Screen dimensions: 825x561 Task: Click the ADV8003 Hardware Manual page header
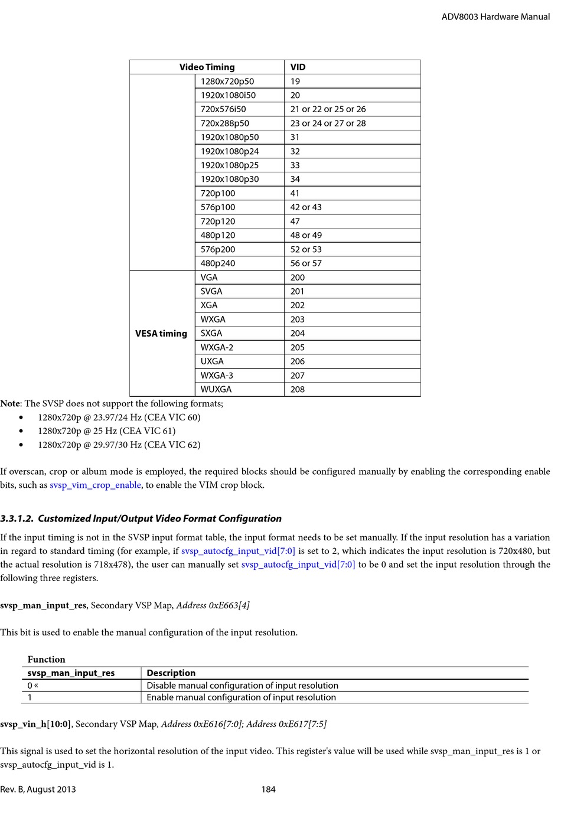pos(495,17)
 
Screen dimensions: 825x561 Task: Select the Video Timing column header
pos(207,67)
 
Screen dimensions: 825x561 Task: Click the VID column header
pos(298,67)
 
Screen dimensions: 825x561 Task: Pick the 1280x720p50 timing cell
pos(227,81)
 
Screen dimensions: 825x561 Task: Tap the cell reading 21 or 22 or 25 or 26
pos(328,109)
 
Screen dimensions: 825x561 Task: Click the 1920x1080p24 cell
pos(230,151)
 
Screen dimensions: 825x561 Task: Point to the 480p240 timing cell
pos(217,263)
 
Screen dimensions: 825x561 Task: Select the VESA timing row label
pos(161,334)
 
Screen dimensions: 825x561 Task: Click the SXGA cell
pos(211,333)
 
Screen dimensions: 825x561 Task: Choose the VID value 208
pos(298,389)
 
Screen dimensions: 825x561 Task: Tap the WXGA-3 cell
pos(217,375)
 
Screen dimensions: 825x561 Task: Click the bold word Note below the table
pos(10,404)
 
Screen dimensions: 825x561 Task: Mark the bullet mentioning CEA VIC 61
pos(106,431)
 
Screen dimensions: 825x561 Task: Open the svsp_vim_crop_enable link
pos(95,485)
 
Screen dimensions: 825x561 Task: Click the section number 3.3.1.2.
pos(17,519)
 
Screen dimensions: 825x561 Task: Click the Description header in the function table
pos(171,673)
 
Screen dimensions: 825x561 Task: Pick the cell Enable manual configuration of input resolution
pos(241,697)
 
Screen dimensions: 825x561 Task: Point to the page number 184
pos(269,790)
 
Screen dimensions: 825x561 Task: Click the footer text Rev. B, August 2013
pos(38,790)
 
